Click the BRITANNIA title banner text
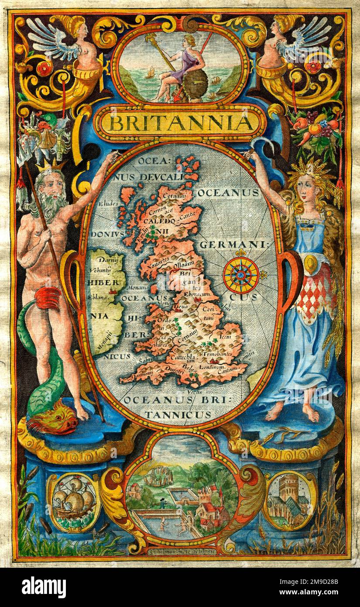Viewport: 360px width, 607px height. (x=180, y=123)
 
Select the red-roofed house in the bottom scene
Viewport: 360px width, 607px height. (x=213, y=509)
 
